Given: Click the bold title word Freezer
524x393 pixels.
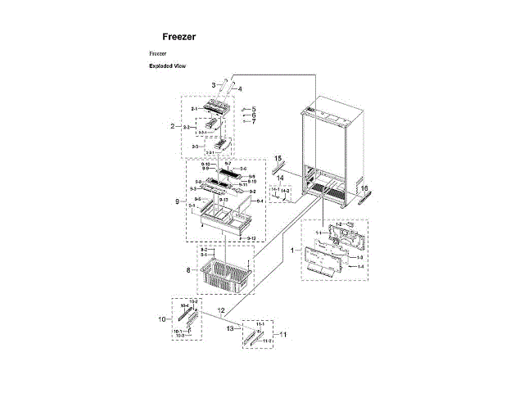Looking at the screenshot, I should click(178, 37).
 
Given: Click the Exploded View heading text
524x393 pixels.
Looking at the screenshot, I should click(166, 66).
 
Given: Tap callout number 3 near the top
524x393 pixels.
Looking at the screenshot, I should click(213, 85).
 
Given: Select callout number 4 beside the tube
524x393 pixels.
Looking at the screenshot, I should click(240, 88).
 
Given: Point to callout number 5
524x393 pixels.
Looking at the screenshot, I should click(254, 109).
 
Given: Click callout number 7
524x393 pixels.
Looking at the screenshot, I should click(254, 121).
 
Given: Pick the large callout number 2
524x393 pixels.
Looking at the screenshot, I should click(173, 126).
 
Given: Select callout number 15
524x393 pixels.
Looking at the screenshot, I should click(278, 157).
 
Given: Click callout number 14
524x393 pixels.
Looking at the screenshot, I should click(278, 177).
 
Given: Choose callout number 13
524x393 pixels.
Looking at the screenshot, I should click(231, 327).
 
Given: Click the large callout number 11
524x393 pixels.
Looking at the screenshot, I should click(284, 335).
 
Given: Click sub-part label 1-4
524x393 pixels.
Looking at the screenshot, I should click(361, 267).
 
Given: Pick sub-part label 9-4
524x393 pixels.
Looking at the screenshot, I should click(260, 201).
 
